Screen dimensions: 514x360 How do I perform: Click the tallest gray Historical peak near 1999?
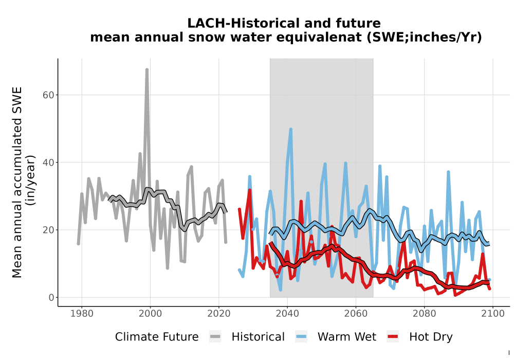(x=147, y=69)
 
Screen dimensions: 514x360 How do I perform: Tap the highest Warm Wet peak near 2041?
(x=291, y=130)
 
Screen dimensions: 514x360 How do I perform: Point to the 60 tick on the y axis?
(x=48, y=95)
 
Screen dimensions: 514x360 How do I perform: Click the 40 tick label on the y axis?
(x=48, y=163)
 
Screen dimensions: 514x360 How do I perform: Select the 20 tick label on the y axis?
(x=48, y=230)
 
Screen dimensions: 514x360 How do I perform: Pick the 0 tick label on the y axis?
(x=51, y=298)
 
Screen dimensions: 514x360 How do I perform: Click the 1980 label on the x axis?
(x=82, y=314)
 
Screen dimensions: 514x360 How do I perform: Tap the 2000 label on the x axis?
(x=150, y=314)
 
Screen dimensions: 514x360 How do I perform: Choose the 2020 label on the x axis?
(x=218, y=314)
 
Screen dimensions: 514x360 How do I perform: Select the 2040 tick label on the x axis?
(x=287, y=314)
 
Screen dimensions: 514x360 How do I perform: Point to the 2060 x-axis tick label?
(x=356, y=314)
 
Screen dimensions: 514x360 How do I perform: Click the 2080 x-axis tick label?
(x=424, y=314)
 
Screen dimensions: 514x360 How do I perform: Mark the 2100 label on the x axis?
(x=493, y=314)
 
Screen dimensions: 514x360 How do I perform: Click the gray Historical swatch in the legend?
(x=215, y=337)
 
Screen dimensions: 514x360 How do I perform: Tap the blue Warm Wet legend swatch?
(x=301, y=337)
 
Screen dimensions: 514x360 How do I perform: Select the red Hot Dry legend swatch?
(x=393, y=337)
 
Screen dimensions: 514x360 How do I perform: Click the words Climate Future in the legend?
(x=157, y=337)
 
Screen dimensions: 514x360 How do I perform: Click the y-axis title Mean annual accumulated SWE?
(x=17, y=182)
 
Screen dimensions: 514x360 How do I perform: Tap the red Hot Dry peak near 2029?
(x=249, y=190)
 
